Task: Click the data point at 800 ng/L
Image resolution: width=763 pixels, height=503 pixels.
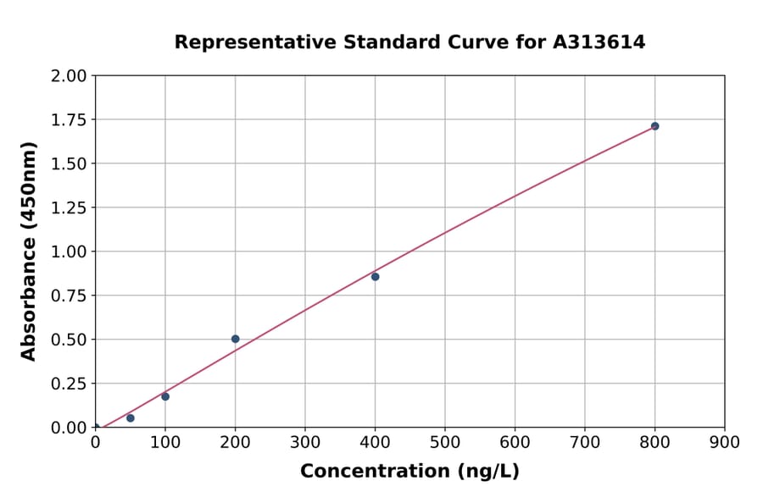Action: coord(654,126)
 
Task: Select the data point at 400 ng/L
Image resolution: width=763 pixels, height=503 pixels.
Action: coord(375,277)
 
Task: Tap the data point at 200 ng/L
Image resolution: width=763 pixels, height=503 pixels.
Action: coord(235,339)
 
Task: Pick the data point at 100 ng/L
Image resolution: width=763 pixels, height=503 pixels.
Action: coord(165,396)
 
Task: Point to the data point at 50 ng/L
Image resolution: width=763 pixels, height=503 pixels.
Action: coord(130,418)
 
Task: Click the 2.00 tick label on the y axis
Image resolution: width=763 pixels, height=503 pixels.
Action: coord(69,76)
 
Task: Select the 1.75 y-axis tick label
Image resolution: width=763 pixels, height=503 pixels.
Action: coord(69,120)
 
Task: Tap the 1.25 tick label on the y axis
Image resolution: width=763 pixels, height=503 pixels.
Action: coord(69,208)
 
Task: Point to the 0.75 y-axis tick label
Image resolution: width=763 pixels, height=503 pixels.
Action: coord(69,296)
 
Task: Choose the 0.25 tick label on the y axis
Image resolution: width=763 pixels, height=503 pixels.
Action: coord(69,384)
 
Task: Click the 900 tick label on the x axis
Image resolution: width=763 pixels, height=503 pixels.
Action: coord(725,442)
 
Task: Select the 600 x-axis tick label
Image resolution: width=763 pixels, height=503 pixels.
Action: coord(515,442)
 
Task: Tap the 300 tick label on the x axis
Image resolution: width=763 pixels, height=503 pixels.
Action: coord(305,442)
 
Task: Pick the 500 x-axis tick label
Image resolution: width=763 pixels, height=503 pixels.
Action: coord(445,442)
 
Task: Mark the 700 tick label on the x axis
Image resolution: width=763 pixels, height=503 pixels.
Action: coord(585,442)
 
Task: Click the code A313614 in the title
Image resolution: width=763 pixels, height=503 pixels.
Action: coord(600,42)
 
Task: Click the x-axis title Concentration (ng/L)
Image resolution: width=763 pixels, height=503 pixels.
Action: coord(409,472)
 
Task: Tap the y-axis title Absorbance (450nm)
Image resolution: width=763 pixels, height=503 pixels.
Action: coord(30,251)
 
